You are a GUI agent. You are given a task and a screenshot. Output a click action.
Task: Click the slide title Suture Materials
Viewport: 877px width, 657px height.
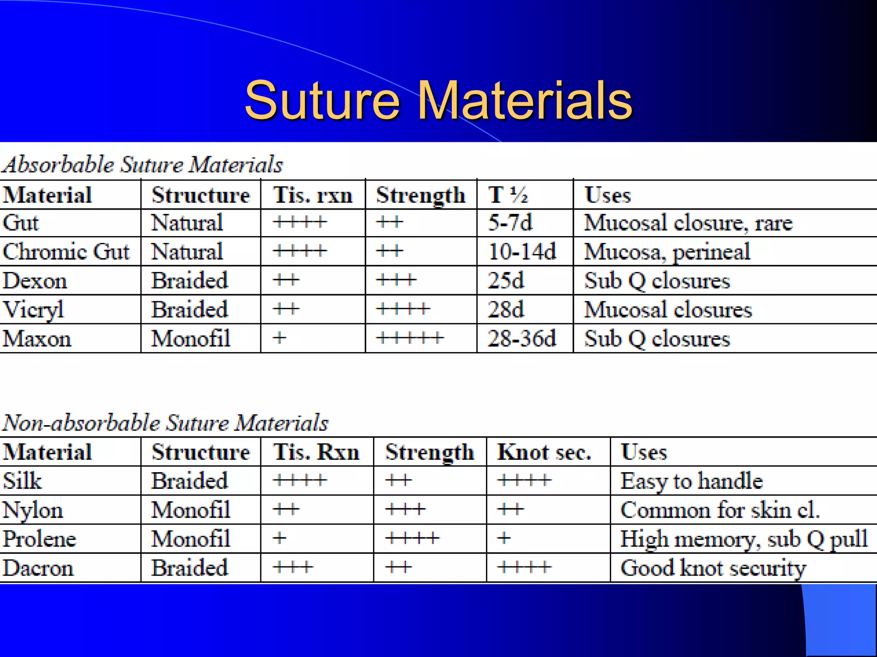(x=438, y=101)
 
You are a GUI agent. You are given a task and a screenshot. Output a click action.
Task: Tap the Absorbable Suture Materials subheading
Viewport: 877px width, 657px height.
(x=142, y=165)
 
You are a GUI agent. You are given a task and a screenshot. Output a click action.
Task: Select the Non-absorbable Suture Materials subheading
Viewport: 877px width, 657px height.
(x=165, y=423)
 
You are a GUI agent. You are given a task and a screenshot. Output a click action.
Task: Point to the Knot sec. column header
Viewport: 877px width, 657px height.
(x=544, y=452)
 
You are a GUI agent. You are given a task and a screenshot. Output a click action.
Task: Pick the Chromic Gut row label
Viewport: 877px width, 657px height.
(x=66, y=252)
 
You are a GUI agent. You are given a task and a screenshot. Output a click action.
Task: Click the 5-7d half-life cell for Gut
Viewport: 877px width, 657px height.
(x=510, y=223)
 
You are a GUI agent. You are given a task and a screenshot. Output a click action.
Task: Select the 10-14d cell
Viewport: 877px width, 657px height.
(x=522, y=252)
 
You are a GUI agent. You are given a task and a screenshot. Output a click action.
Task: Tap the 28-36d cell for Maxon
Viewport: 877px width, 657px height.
(x=522, y=339)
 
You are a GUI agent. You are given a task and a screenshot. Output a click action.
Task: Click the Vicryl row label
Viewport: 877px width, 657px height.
(x=33, y=310)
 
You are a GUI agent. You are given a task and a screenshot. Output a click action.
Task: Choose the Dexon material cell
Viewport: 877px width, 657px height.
(x=35, y=281)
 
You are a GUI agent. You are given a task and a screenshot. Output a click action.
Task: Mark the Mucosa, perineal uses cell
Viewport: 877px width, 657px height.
(x=667, y=252)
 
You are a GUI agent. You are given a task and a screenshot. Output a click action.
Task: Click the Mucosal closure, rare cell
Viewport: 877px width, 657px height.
(x=689, y=223)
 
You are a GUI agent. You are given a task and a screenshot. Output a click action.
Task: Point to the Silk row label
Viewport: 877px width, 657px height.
(x=22, y=481)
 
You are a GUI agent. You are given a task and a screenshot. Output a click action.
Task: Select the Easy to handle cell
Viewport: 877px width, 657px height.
(x=692, y=481)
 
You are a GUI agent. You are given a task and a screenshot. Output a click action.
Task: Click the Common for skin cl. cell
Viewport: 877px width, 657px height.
(x=720, y=510)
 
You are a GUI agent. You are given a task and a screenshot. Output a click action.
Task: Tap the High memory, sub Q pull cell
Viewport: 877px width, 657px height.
(x=744, y=539)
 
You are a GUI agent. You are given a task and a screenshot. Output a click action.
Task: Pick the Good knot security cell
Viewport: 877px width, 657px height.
(x=713, y=568)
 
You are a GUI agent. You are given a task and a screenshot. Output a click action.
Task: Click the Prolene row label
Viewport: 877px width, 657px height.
(x=39, y=539)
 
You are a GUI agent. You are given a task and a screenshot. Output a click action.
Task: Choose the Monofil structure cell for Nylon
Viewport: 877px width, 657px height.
(x=191, y=510)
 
